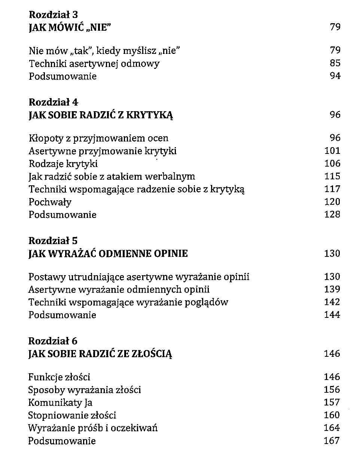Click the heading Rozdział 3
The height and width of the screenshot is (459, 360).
point(54,15)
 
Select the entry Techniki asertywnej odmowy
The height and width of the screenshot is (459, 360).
point(94,64)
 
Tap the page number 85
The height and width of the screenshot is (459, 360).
point(335,63)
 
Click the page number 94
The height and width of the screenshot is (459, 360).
point(335,76)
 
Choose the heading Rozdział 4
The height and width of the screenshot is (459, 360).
point(54,102)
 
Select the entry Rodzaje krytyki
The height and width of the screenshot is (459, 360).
point(63,164)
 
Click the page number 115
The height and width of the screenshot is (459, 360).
point(332,176)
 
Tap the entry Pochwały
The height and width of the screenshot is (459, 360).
point(50,202)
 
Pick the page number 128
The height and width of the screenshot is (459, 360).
point(332,215)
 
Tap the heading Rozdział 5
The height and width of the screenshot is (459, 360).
point(53,241)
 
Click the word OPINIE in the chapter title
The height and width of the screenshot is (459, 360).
point(171,254)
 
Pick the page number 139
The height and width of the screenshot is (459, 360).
point(332,289)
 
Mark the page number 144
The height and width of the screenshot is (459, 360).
point(332,315)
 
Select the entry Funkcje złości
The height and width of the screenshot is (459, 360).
point(59,377)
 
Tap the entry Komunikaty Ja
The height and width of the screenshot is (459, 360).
point(60,403)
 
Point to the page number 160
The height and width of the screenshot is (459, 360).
point(332,415)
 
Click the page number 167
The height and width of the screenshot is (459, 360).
point(332,441)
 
